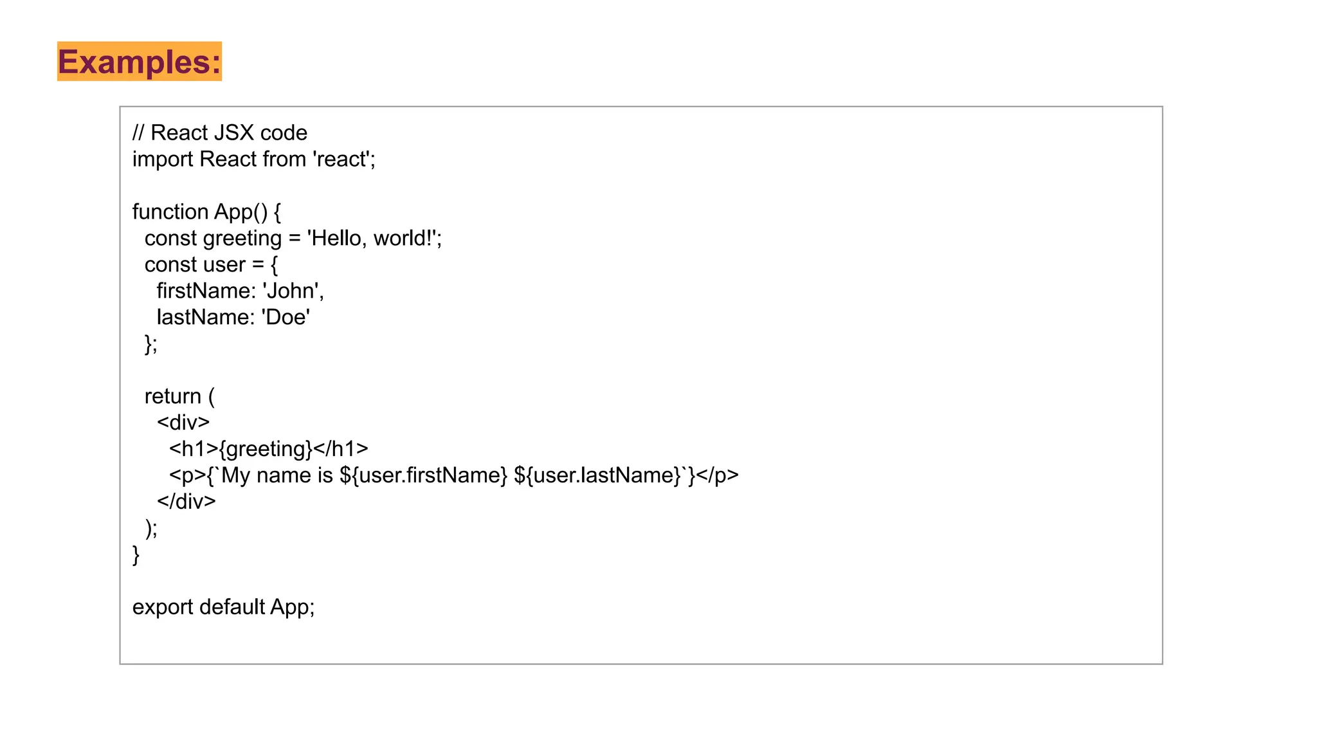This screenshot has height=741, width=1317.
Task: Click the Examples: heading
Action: coord(140,62)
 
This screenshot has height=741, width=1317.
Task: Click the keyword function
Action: coord(170,212)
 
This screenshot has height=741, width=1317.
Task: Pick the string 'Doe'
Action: coord(286,317)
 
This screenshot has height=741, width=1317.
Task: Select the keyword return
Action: coord(172,396)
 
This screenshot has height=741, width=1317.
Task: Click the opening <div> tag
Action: coord(183,423)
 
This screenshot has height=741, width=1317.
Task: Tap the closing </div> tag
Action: coord(186,501)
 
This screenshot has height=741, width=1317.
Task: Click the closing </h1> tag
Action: coord(341,448)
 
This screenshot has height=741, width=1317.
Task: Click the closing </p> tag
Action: coord(718,475)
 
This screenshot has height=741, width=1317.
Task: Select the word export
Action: coord(163,607)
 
